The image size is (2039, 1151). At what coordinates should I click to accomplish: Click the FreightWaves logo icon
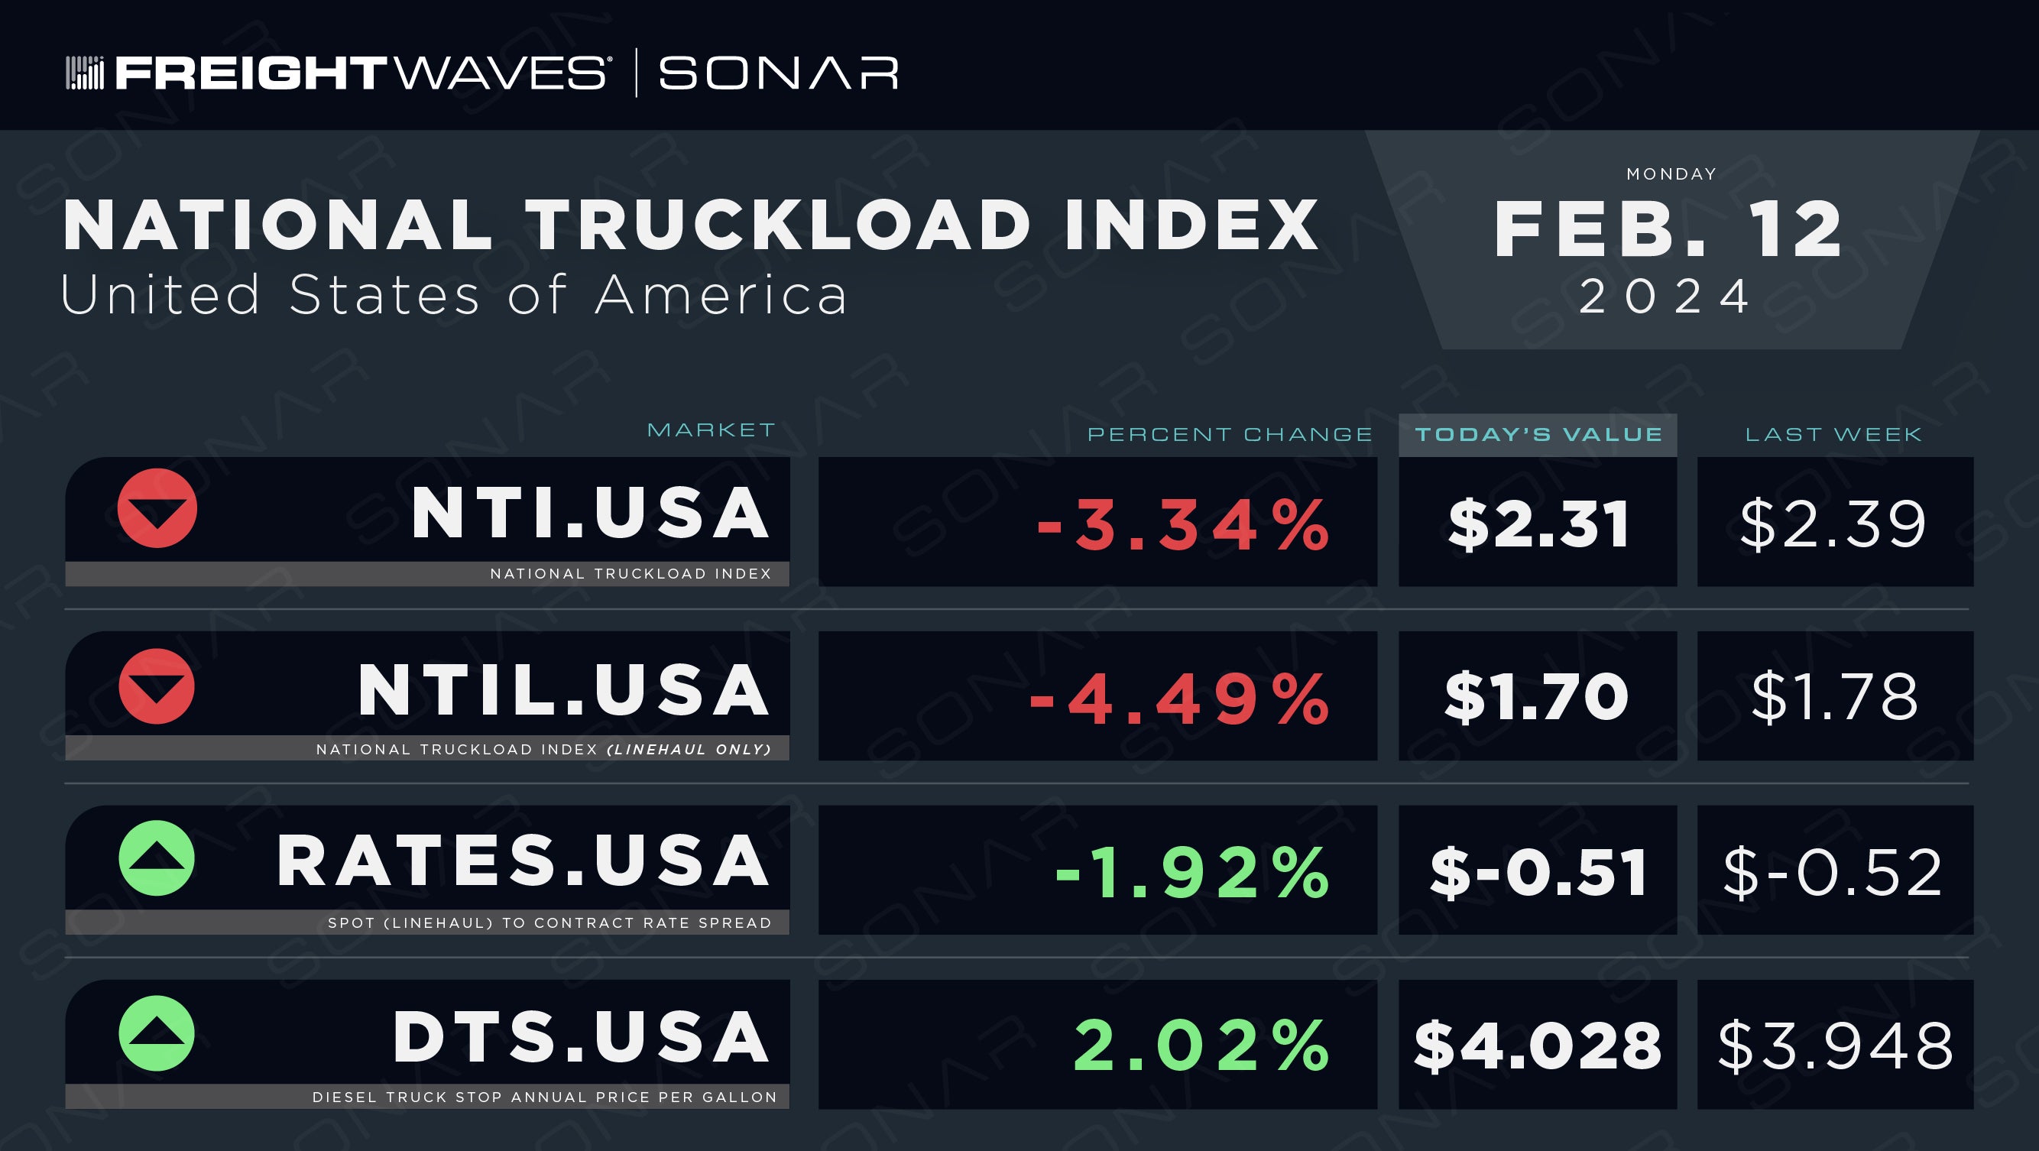85,73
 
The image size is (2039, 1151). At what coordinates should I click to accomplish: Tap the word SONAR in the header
779,73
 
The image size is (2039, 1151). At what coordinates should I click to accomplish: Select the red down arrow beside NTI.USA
157,508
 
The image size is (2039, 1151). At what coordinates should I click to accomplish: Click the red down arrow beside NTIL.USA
157,686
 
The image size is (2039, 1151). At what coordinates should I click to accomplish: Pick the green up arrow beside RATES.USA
157,858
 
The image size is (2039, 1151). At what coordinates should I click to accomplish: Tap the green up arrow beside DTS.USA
157,1033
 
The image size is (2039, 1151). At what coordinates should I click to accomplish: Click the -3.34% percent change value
1182,524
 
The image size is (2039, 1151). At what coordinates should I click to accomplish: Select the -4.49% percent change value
1178,699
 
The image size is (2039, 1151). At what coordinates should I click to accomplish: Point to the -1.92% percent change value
1192,872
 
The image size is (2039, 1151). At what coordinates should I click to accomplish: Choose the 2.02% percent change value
1201,1046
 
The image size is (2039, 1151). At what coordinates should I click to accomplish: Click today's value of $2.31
1538,524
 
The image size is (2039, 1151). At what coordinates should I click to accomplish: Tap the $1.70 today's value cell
1536,696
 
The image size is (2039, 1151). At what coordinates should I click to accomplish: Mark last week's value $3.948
1836,1046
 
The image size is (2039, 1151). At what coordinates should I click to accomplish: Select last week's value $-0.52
1833,872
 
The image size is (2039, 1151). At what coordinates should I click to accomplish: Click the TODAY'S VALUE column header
1538,435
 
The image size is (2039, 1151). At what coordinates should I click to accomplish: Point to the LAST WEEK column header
1833,435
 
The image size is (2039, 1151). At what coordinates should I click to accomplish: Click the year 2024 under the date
1665,297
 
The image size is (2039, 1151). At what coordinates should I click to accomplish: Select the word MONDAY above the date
1671,174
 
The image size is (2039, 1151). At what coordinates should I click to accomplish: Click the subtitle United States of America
453,294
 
